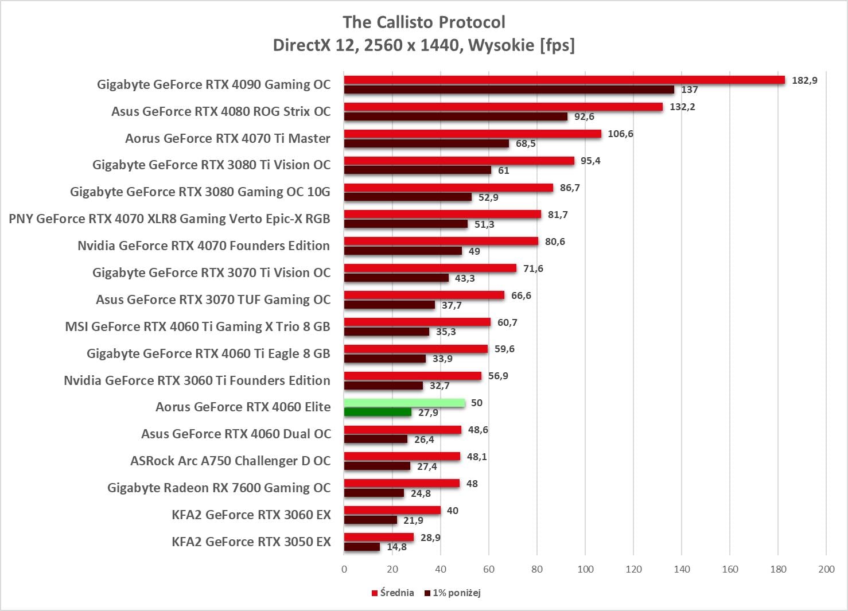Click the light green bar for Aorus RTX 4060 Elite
coord(404,403)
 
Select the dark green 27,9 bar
coord(378,412)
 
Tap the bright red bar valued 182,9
coord(564,80)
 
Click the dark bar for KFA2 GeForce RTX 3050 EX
coord(362,547)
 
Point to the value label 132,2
coord(682,107)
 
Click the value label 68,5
coord(526,143)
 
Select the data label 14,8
coord(396,547)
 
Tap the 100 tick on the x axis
coord(585,569)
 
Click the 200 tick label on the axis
coord(826,569)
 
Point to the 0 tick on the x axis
coord(344,569)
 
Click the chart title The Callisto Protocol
coord(424,22)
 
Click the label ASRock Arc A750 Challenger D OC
coord(231,461)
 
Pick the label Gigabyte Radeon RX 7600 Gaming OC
coord(219,488)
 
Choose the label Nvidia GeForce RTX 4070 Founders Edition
coord(204,246)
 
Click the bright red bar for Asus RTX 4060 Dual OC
coord(403,430)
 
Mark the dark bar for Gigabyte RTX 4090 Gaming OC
coord(509,89)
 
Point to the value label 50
coord(477,403)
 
